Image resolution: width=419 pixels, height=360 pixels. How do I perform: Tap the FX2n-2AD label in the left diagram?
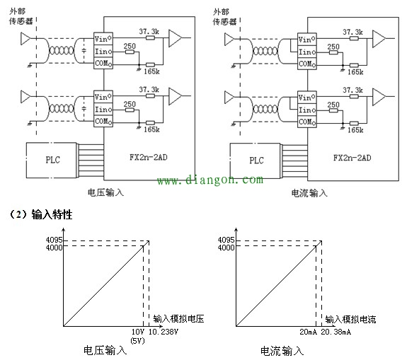tap(147, 160)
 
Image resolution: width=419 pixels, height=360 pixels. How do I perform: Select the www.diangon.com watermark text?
tap(209, 181)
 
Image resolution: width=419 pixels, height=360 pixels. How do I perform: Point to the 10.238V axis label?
tap(163, 332)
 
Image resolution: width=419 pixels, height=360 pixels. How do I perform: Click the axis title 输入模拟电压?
tap(178, 320)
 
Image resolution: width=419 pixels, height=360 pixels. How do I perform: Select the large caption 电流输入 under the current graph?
tap(281, 350)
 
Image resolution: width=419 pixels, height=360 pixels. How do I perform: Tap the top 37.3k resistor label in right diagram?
tap(353, 32)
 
